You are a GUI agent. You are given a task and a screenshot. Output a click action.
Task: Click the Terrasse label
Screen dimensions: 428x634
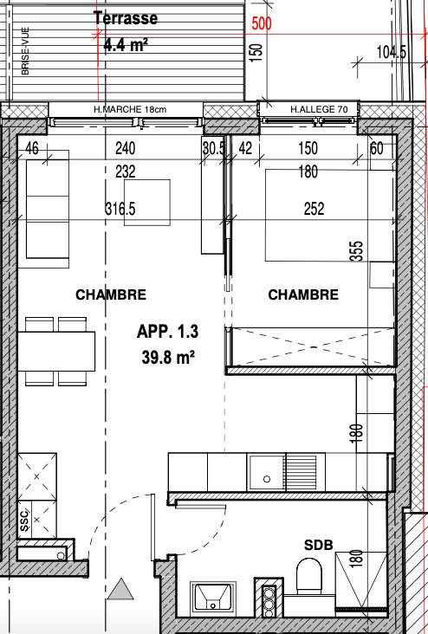pyautogui.click(x=126, y=18)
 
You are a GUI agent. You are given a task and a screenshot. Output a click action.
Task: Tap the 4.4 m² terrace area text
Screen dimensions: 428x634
pyautogui.click(x=126, y=45)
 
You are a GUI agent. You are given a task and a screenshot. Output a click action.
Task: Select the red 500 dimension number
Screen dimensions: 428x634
pyautogui.click(x=262, y=24)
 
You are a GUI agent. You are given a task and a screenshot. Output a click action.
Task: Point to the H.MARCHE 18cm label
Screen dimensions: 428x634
pyautogui.click(x=130, y=109)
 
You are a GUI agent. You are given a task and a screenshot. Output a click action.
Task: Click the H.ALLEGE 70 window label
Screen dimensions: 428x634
pyautogui.click(x=313, y=109)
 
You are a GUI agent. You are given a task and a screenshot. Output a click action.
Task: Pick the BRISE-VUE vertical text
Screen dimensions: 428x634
pyautogui.click(x=25, y=51)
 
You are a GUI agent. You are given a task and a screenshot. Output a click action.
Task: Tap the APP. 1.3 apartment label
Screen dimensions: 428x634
pyautogui.click(x=167, y=332)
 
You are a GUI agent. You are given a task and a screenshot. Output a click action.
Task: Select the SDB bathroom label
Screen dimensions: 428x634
pyautogui.click(x=318, y=545)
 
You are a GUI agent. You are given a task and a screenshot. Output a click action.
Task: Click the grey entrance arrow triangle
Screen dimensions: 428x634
pyautogui.click(x=120, y=589)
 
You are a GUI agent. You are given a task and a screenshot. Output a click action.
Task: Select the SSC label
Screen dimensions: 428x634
pyautogui.click(x=24, y=521)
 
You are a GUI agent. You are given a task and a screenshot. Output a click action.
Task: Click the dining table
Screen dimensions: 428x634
pyautogui.click(x=56, y=352)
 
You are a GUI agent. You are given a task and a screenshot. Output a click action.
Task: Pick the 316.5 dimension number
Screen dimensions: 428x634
pyautogui.click(x=120, y=209)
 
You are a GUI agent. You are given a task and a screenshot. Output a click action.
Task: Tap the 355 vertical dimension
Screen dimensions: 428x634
pyautogui.click(x=358, y=251)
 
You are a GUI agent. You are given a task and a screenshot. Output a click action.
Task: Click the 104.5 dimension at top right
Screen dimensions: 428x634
pyautogui.click(x=392, y=52)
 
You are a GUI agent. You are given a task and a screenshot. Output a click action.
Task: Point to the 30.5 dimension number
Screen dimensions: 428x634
pyautogui.click(x=214, y=148)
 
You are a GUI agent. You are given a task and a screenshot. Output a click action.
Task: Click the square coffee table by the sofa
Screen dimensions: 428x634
pyautogui.click(x=146, y=203)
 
